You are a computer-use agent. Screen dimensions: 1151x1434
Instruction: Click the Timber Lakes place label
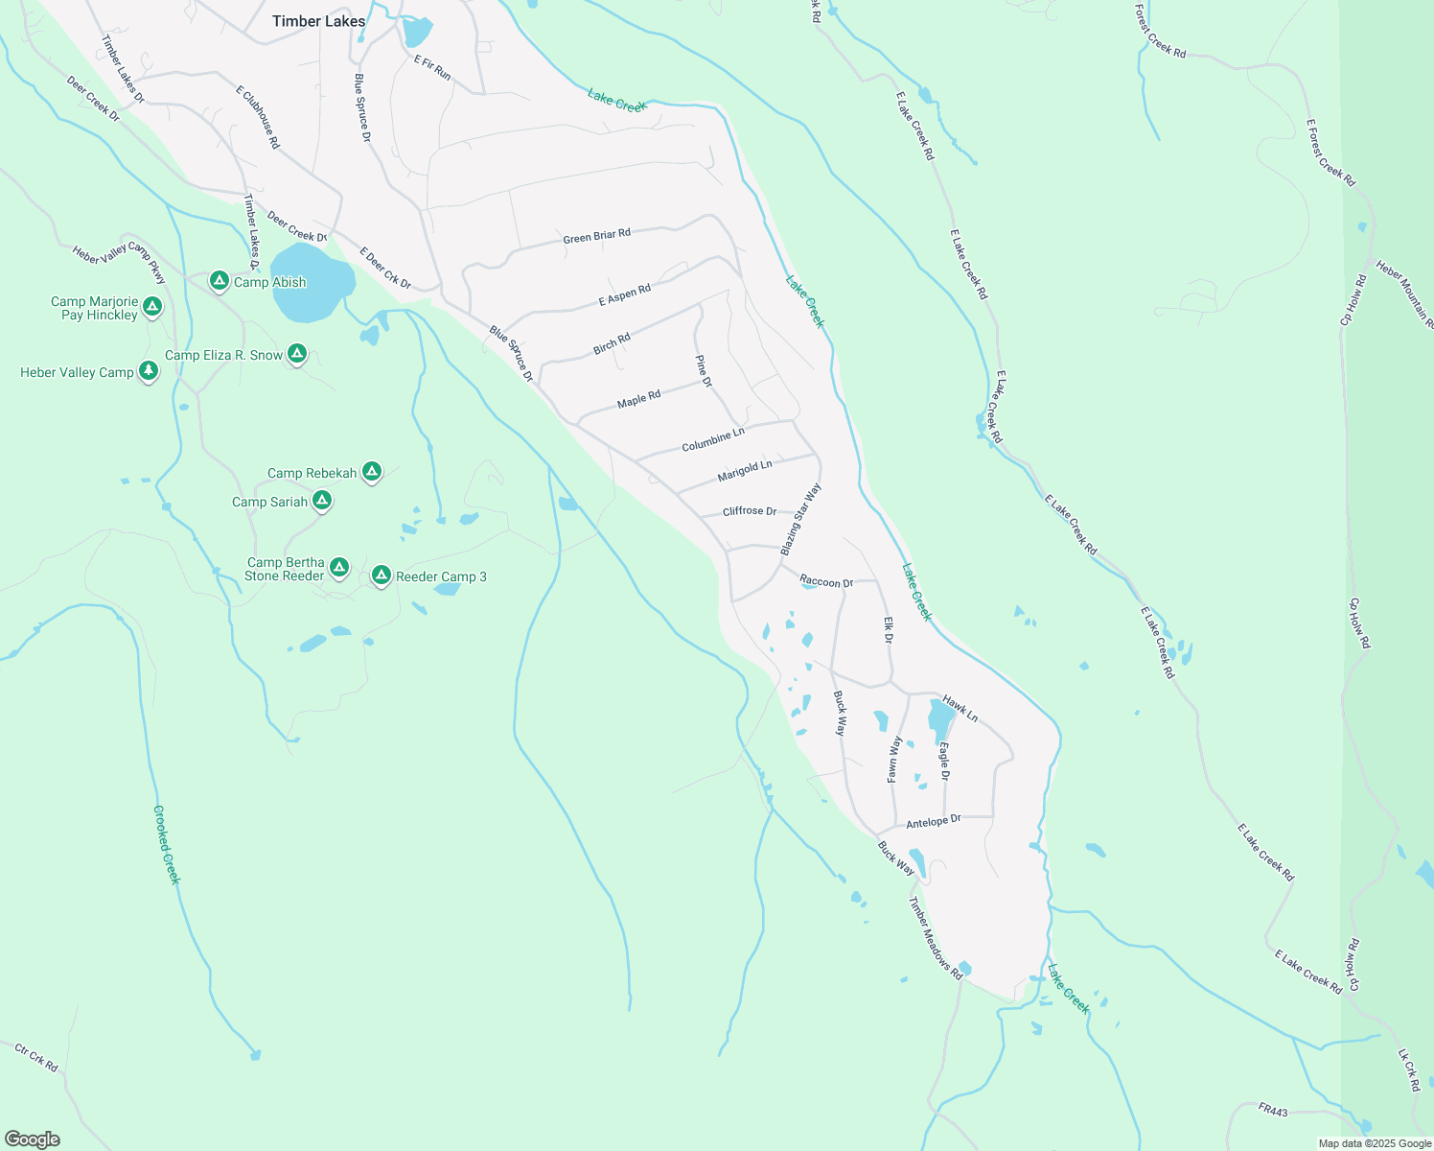[x=318, y=21]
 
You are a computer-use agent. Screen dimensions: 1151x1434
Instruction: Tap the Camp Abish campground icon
[x=220, y=281]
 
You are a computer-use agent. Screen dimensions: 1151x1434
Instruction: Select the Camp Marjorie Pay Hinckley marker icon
[x=152, y=307]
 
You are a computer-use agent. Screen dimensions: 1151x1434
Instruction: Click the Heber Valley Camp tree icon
[x=148, y=370]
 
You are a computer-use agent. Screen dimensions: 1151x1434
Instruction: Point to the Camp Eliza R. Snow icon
[x=297, y=354]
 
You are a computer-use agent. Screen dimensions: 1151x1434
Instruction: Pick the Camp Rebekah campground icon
[x=372, y=471]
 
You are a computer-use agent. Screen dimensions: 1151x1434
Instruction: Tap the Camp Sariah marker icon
[x=322, y=500]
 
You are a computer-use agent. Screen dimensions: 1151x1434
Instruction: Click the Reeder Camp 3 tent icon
[x=381, y=575]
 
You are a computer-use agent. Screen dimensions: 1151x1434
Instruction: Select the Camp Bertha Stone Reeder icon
[x=338, y=568]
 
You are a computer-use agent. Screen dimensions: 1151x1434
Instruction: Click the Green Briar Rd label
[x=596, y=236]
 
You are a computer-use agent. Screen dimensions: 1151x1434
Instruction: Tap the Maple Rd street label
[x=638, y=399]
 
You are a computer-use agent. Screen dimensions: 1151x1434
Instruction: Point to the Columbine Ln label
[x=712, y=440]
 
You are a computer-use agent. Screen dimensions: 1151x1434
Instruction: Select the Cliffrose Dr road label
[x=750, y=511]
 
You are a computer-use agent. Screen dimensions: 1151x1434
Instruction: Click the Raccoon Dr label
[x=826, y=582]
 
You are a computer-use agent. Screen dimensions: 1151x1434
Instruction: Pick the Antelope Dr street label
[x=933, y=822]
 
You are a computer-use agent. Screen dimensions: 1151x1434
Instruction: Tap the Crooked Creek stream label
[x=166, y=844]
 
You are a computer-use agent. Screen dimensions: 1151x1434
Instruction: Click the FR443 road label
[x=1273, y=1110]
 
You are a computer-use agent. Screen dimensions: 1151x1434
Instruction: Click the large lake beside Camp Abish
[x=311, y=282]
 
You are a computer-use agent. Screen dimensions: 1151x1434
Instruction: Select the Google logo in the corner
[x=33, y=1139]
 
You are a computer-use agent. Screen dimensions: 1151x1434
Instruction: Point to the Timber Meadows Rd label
[x=935, y=937]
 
